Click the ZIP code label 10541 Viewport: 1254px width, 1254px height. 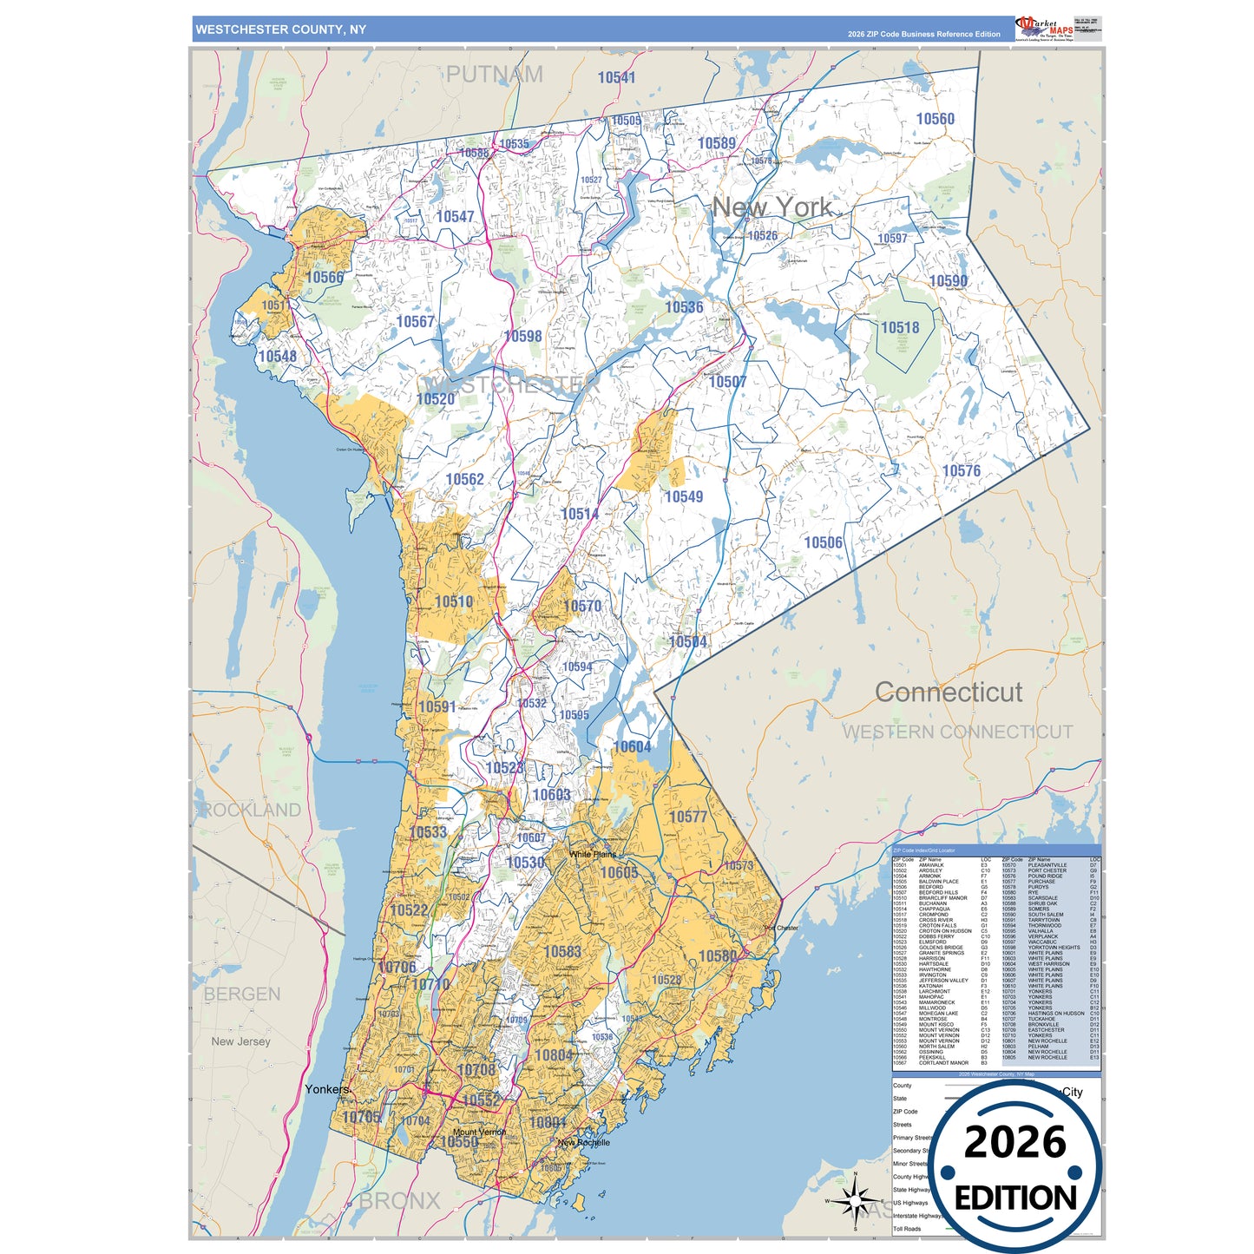(616, 77)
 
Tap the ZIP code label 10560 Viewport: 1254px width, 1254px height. (935, 119)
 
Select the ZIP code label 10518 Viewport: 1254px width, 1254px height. (900, 327)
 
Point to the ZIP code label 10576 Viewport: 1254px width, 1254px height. (961, 470)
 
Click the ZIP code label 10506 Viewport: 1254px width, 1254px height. (823, 542)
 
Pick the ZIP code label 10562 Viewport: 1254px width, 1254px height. (464, 479)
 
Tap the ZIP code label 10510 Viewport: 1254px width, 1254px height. (453, 601)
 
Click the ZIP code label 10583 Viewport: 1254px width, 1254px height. (562, 951)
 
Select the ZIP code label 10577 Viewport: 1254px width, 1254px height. (687, 817)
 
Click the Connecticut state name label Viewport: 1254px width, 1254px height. (948, 692)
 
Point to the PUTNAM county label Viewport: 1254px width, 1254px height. (495, 75)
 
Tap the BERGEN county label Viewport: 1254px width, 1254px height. (242, 995)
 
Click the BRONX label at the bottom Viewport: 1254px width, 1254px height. (400, 1201)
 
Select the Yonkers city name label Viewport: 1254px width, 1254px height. (327, 1089)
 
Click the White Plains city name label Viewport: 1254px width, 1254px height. (593, 855)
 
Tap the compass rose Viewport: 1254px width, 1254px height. (855, 1202)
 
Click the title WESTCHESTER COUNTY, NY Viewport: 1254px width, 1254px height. (280, 30)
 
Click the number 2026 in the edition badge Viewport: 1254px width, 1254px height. (1014, 1142)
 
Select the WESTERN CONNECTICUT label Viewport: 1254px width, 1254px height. (957, 732)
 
